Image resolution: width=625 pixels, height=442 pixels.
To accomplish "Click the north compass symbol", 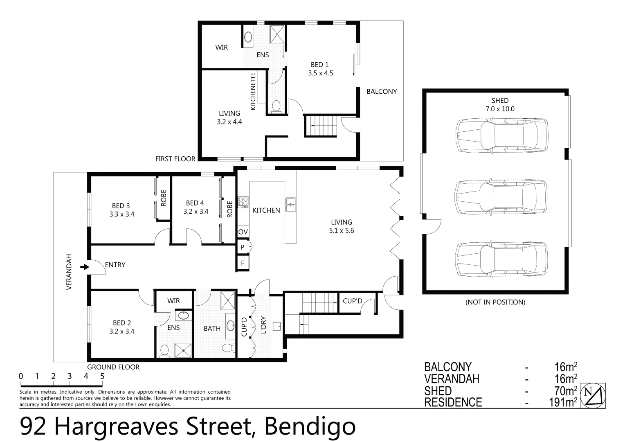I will (593, 395).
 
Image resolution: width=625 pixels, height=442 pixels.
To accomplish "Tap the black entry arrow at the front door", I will (84, 267).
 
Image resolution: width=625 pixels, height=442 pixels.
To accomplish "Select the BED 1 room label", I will (320, 65).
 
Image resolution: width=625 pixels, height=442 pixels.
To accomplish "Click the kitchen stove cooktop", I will (243, 202).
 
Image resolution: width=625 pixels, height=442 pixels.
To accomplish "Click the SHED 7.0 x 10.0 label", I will (500, 105).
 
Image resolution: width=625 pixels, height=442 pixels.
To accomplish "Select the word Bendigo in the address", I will (310, 427).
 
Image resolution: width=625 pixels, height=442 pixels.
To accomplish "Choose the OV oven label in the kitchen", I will (243, 232).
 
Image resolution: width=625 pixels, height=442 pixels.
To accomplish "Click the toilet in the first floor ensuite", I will (276, 106).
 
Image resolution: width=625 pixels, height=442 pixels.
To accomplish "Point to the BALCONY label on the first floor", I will (381, 91).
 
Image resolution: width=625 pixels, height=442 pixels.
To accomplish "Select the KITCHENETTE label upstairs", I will (253, 91).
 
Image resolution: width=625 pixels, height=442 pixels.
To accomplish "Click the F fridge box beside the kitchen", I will (243, 263).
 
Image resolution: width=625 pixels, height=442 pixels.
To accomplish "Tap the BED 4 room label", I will (195, 203).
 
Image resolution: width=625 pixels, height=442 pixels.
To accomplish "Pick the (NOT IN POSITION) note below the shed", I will (495, 302).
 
